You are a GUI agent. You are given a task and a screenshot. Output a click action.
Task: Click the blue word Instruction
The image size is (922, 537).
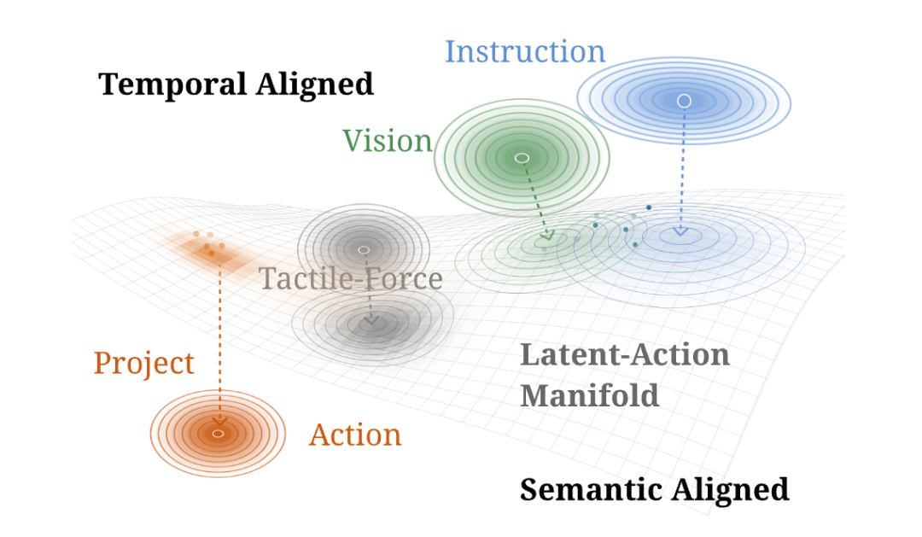pyautogui.click(x=524, y=52)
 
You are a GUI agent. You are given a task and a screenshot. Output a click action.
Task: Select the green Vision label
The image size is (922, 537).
pyautogui.click(x=388, y=141)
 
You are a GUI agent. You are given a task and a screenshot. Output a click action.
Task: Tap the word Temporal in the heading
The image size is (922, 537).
pyautogui.click(x=172, y=85)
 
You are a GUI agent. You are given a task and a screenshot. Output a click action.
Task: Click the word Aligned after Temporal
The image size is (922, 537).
pyautogui.click(x=315, y=85)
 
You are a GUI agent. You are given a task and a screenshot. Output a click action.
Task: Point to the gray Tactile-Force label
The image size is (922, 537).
pyautogui.click(x=351, y=278)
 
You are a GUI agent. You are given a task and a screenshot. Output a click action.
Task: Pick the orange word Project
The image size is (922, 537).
pyautogui.click(x=144, y=364)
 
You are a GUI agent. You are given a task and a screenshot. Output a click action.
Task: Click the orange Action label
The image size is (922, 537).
pyautogui.click(x=355, y=435)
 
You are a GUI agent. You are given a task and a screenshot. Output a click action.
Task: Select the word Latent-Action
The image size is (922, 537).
pyautogui.click(x=624, y=354)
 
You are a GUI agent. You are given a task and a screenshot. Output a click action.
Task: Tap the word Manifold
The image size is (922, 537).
pyautogui.click(x=590, y=395)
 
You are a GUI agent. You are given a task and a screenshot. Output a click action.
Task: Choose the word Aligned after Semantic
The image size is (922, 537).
pyautogui.click(x=731, y=490)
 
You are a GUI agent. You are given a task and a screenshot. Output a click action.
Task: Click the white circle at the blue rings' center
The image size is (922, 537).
pyautogui.click(x=684, y=101)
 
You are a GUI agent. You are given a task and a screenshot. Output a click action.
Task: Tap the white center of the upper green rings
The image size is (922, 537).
pyautogui.click(x=522, y=158)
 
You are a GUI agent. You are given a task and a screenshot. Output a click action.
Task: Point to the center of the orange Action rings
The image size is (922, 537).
pyautogui.click(x=219, y=434)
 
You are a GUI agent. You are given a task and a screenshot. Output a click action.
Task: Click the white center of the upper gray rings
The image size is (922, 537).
pyautogui.click(x=364, y=250)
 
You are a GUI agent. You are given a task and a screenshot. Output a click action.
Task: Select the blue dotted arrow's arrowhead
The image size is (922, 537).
pyautogui.click(x=681, y=231)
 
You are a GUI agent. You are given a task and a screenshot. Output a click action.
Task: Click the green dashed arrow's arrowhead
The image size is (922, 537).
pyautogui.click(x=547, y=236)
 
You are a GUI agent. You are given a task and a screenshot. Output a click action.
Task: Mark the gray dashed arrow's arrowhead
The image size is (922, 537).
pyautogui.click(x=371, y=320)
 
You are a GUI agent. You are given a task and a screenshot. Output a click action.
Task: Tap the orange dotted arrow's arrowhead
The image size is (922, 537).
pyautogui.click(x=220, y=421)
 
